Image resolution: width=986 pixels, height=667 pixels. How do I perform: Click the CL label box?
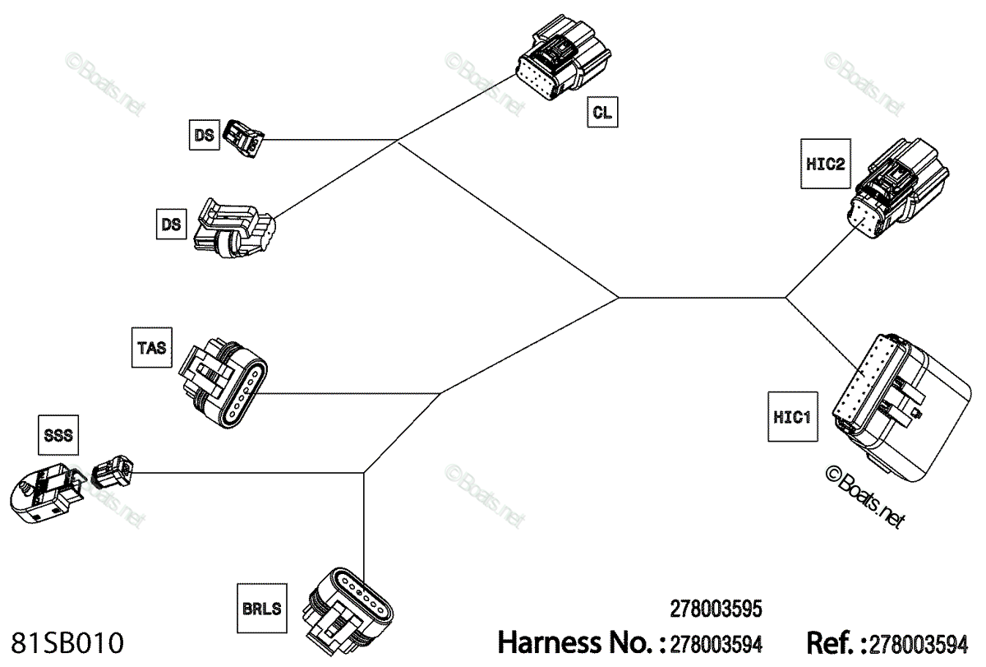click(x=602, y=113)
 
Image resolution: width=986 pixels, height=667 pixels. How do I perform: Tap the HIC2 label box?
click(x=825, y=164)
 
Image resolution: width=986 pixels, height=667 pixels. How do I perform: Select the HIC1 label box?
click(x=793, y=417)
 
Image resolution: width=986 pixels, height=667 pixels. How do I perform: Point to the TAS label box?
click(x=152, y=348)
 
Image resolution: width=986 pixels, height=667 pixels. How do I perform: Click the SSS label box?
click(x=58, y=435)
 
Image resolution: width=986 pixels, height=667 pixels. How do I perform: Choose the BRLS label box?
click(x=262, y=609)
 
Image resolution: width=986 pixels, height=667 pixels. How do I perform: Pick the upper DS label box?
click(x=205, y=135)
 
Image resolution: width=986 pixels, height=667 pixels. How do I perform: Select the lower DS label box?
click(x=171, y=225)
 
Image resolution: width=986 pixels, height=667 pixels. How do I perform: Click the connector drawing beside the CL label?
click(x=564, y=58)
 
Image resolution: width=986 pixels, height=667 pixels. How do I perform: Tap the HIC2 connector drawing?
click(x=897, y=188)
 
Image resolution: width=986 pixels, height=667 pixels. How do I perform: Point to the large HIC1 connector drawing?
click(x=901, y=407)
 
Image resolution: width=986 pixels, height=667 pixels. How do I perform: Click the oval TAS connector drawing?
click(x=223, y=382)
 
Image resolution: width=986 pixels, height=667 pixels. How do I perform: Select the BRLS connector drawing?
click(x=348, y=612)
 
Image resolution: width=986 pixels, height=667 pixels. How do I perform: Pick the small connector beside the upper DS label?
click(x=243, y=139)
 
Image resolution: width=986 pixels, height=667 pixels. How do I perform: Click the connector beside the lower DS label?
click(x=235, y=228)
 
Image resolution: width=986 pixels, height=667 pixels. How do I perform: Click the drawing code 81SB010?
click(x=67, y=643)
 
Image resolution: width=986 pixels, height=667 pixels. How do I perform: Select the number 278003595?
click(x=716, y=609)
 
